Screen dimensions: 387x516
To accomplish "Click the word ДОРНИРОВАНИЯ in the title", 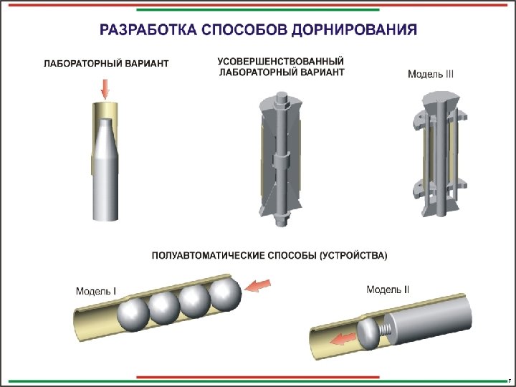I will pos(358,31).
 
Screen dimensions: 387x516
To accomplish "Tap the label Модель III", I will pos(431,74).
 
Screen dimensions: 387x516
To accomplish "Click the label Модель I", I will pos(96,291).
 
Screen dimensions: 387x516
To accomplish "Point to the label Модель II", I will pos(388,290).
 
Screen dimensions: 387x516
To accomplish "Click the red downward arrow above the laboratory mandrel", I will pos(105,88).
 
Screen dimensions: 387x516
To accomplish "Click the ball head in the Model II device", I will pos(368,333).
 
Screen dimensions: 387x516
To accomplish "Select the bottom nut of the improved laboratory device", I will pos(280,216).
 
